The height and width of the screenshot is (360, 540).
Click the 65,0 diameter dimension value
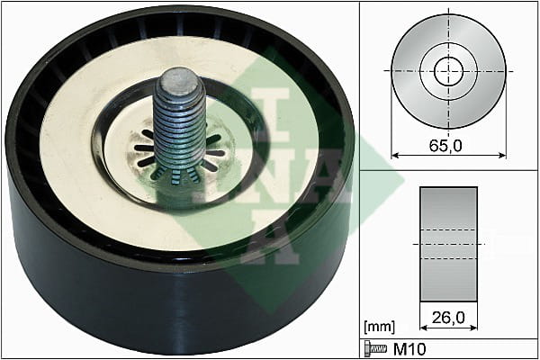click(x=445, y=146)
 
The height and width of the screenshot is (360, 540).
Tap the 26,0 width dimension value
click(x=448, y=318)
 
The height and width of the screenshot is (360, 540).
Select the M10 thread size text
click(x=409, y=349)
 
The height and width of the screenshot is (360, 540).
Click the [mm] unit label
click(x=379, y=326)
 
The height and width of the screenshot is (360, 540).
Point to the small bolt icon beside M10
click(x=375, y=349)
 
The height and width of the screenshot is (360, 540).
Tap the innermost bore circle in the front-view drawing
click(x=448, y=71)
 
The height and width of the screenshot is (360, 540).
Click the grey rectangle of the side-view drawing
click(x=448, y=244)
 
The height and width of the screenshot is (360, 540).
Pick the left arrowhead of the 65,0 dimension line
click(x=395, y=156)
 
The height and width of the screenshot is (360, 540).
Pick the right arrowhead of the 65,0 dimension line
click(x=502, y=156)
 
